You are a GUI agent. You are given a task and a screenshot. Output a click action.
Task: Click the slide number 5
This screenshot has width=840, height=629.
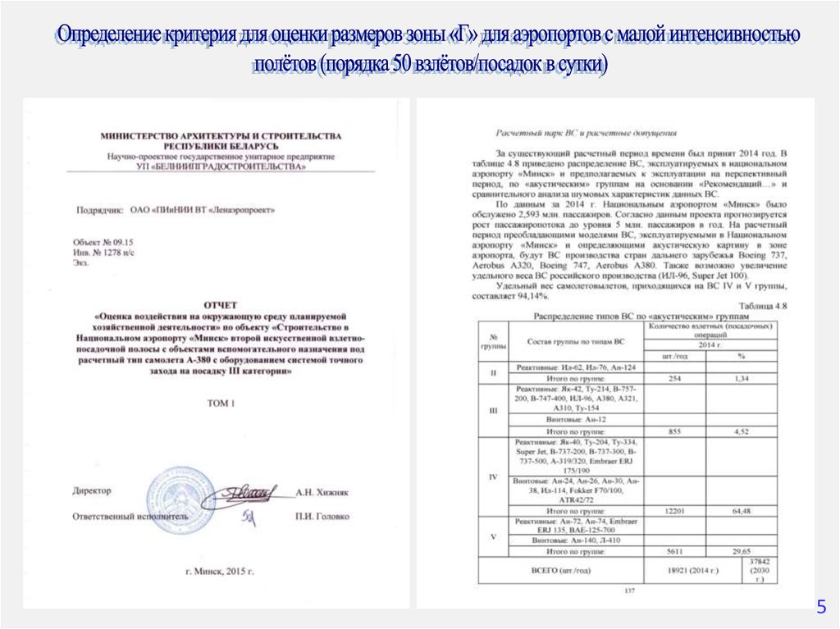click(x=819, y=607)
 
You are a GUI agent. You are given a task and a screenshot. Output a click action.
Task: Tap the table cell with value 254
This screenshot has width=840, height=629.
click(x=675, y=378)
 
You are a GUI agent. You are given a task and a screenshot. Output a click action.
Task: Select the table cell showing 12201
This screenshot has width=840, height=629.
click(x=674, y=511)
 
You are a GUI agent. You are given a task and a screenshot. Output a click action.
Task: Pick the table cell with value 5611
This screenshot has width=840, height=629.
click(x=674, y=551)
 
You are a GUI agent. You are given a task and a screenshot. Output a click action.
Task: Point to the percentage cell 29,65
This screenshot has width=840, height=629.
click(x=742, y=551)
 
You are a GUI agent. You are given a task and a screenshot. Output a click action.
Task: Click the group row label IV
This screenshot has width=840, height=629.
click(x=493, y=476)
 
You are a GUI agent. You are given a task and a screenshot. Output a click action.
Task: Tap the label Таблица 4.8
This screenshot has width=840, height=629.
click(x=765, y=305)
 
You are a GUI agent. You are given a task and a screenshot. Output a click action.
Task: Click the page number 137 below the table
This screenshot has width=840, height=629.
click(x=630, y=590)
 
